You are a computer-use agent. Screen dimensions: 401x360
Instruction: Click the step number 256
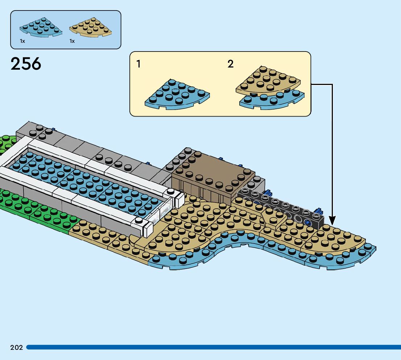(26, 64)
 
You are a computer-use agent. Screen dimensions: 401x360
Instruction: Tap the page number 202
(17, 348)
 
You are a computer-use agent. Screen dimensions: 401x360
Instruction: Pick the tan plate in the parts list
(91, 27)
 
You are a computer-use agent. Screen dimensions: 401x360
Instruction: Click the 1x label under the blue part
(22, 41)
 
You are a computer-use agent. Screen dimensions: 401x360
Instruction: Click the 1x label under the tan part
(72, 41)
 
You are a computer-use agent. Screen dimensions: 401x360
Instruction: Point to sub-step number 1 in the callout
(139, 65)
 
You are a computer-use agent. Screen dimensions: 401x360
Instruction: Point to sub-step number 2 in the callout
(231, 64)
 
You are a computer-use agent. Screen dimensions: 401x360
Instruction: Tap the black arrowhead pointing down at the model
(332, 220)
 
